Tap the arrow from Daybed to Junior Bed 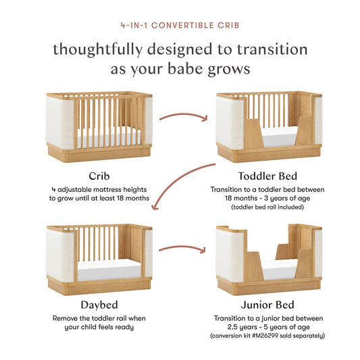(x=182, y=250)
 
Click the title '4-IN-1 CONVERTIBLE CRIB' (x=180, y=27)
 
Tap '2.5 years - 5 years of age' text (x=269, y=327)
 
